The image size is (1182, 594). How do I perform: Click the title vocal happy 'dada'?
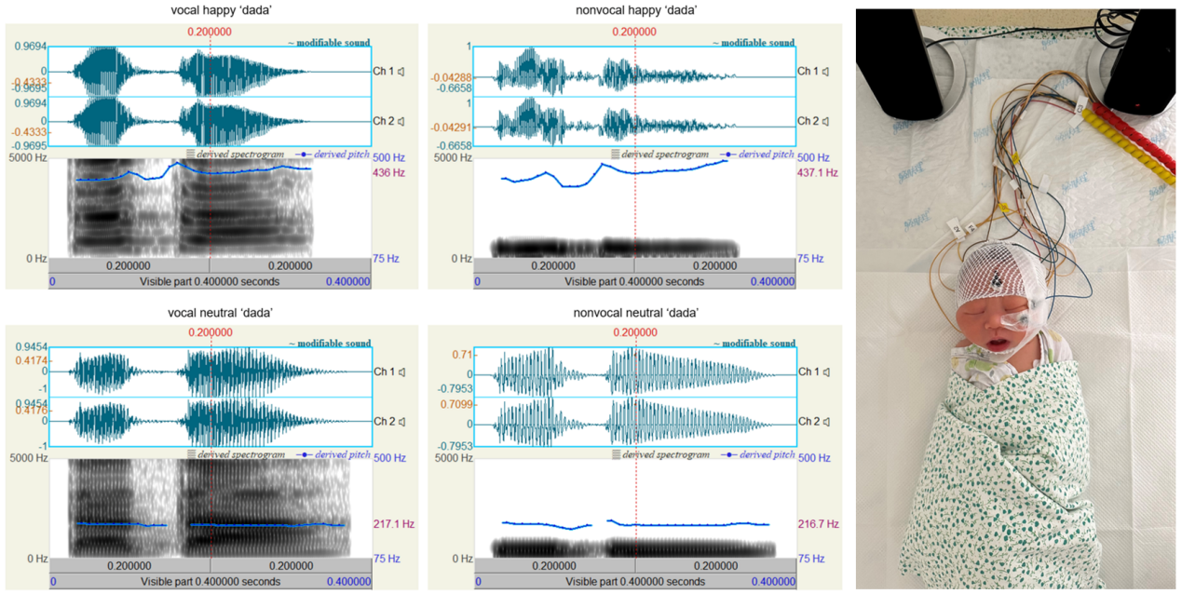point(211,11)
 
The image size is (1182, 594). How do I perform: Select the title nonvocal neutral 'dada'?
point(634,311)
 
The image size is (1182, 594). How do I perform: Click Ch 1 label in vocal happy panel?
point(384,72)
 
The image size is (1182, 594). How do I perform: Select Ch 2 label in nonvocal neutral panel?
point(808,422)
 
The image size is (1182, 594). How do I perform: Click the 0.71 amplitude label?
point(460,355)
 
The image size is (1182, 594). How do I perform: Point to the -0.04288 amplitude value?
point(453,76)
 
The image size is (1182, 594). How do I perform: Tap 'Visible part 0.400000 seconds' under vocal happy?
point(210,281)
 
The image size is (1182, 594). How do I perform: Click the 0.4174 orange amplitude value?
point(28,360)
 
